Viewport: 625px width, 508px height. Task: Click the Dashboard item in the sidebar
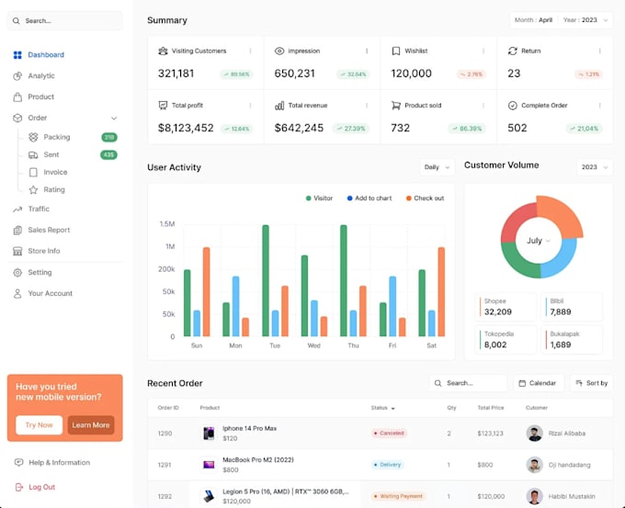coord(45,55)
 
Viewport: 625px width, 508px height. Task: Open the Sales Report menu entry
coord(48,230)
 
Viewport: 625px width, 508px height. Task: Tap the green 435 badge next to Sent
coord(108,155)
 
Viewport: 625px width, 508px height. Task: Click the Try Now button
coord(39,425)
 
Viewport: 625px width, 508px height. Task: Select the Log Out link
coord(41,487)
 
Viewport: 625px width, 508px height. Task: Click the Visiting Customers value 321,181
coord(176,73)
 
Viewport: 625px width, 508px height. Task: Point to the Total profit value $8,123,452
coord(186,129)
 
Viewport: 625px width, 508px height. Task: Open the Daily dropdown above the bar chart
coord(437,167)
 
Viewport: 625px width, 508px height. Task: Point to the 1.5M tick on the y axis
coord(167,224)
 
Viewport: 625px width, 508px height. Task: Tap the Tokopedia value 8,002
coord(495,344)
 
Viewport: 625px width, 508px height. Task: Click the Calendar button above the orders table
coord(538,383)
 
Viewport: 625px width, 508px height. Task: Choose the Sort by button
coord(591,383)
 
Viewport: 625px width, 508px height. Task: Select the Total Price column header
coord(490,408)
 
